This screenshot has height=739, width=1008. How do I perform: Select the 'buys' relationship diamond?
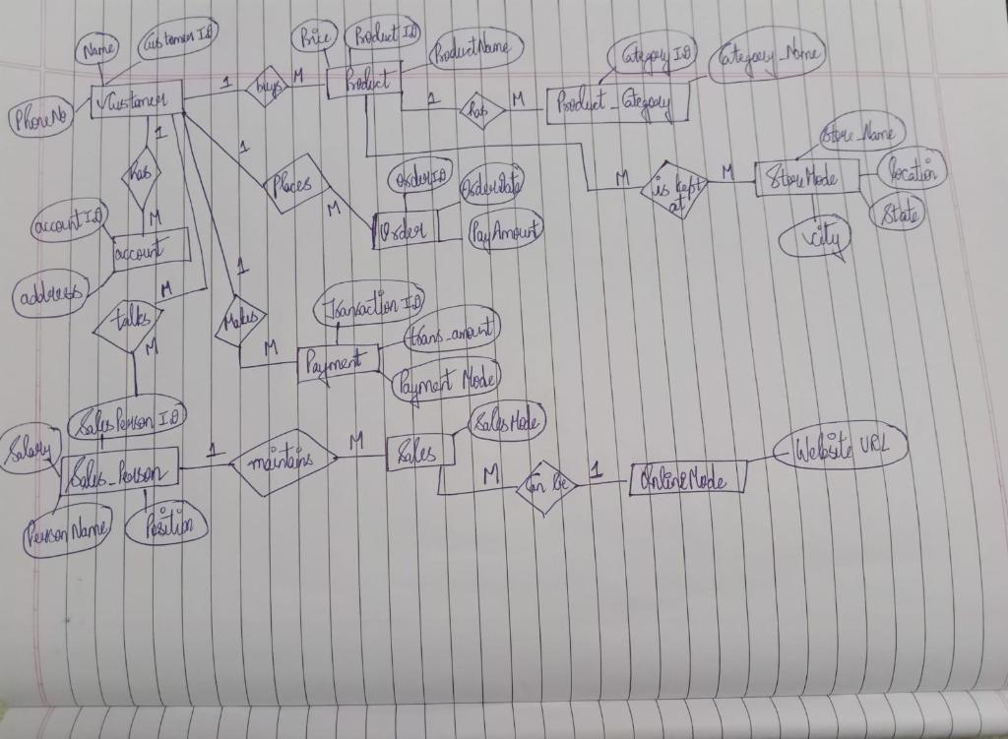coord(266,87)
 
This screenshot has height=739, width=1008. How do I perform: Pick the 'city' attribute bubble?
coord(814,240)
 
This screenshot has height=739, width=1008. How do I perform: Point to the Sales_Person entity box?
coord(119,473)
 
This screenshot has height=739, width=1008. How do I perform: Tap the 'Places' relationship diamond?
coord(294,183)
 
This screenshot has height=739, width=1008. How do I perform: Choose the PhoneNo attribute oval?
coord(38,120)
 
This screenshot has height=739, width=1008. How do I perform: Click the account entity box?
coord(150,252)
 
